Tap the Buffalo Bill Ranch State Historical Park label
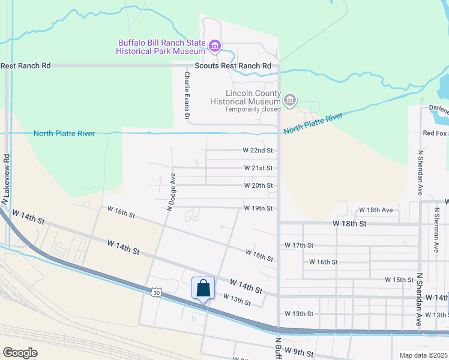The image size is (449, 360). [x=161, y=47]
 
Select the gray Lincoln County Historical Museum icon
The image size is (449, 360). [x=290, y=100]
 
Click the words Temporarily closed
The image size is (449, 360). [x=252, y=109]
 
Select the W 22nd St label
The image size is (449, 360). [x=258, y=150]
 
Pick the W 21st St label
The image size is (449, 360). [x=258, y=168]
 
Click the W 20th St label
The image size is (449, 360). [x=258, y=185]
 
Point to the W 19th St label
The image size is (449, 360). [x=258, y=208]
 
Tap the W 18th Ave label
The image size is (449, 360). [x=375, y=210]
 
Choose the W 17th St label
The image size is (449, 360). [x=299, y=245]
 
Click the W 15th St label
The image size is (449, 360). [x=399, y=280]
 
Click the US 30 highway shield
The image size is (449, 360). [x=156, y=292]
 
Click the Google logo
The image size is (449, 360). [x=20, y=353]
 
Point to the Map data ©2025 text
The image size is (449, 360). [x=423, y=355]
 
